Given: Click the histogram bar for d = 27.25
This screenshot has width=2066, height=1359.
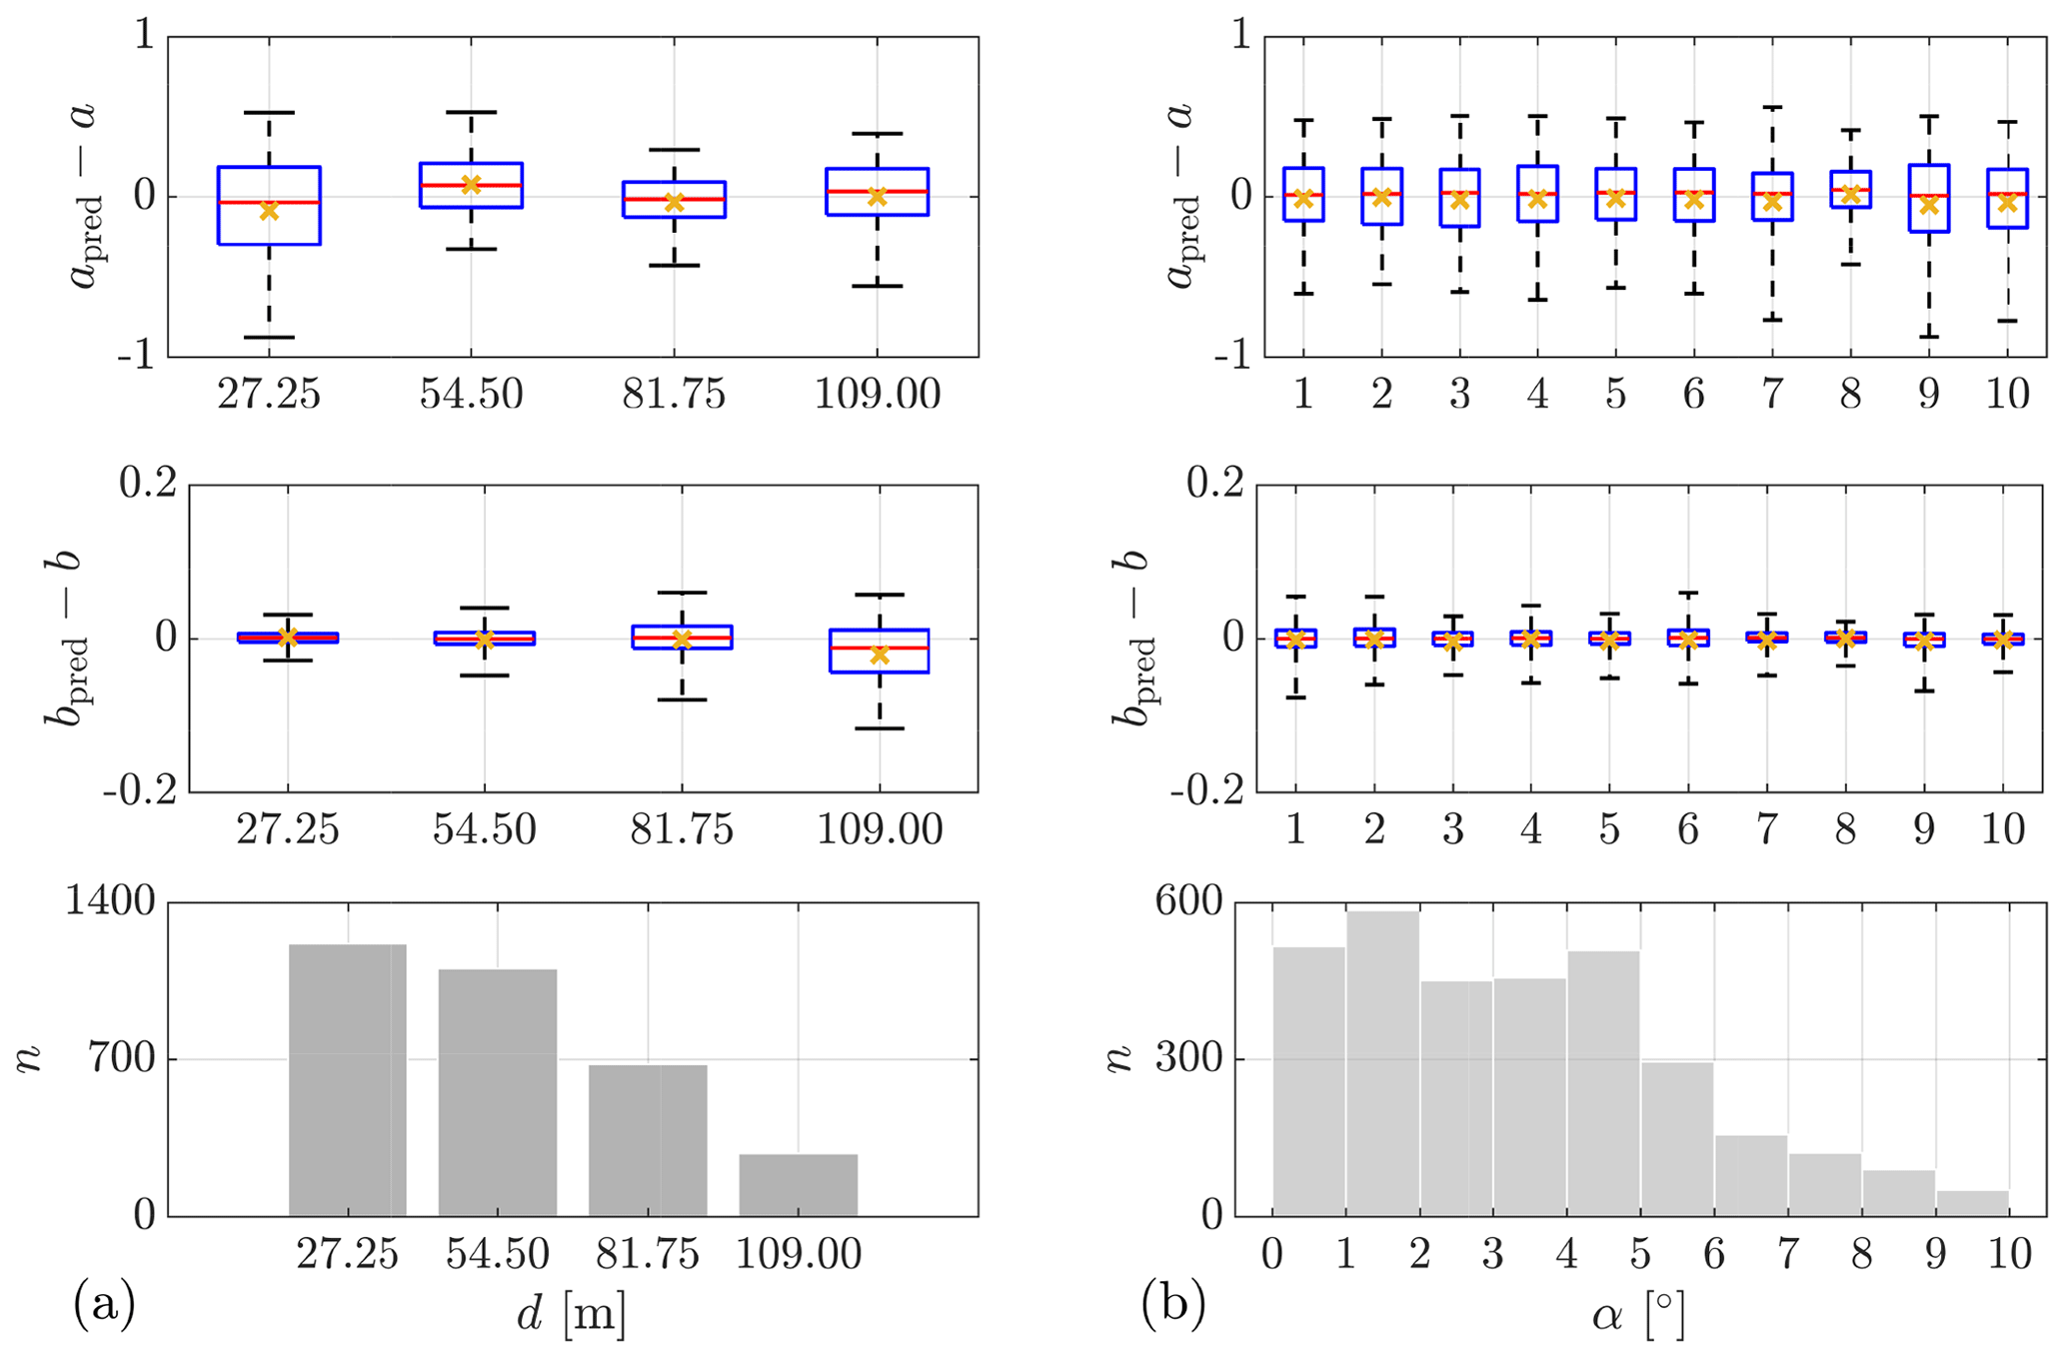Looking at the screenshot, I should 348,1079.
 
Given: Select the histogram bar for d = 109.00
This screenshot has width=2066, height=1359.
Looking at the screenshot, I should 798,1185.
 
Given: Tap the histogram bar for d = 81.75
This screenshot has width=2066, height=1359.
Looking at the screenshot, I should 648,1140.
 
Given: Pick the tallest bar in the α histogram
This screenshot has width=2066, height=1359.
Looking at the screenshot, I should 1382,1063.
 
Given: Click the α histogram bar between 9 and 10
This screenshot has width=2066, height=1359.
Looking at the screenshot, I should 1972,1203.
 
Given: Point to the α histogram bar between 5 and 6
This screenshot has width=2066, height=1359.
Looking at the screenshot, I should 1677,1139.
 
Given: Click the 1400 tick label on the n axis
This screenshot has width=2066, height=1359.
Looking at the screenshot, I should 110,903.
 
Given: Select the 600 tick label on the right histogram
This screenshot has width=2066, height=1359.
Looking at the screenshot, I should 1188,903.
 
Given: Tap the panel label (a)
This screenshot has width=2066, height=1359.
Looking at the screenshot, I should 104,1305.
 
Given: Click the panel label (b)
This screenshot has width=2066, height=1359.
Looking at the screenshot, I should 1172,1305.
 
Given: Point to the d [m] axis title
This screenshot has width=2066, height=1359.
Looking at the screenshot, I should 572,1317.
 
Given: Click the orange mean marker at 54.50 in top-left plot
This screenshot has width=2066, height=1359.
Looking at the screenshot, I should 471,184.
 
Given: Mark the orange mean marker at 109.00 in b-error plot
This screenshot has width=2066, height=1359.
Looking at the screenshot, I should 880,655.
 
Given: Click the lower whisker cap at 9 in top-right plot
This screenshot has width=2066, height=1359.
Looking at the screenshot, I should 1928,337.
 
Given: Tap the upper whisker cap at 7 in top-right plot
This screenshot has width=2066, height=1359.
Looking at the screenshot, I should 1772,107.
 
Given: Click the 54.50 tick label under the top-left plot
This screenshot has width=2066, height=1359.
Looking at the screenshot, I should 471,395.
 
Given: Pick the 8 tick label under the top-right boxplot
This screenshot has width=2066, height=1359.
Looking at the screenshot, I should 1850,395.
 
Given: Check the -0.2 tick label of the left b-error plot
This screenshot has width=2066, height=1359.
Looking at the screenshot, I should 139,791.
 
